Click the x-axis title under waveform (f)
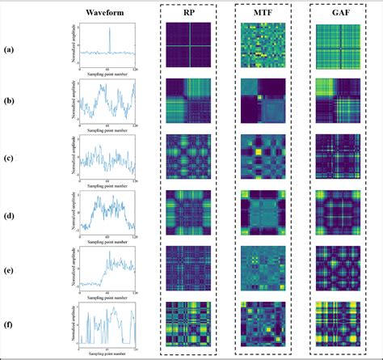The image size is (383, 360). pyautogui.click(x=109, y=354)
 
